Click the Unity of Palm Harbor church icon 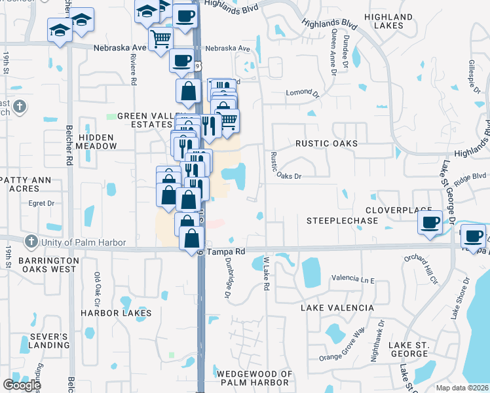coord(31,242)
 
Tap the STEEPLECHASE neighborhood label coord(342,221)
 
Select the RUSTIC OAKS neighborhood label coord(326,143)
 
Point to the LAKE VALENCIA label coord(337,307)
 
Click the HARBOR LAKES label coord(116,313)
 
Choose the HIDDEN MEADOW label coord(96,141)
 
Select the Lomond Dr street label coord(301,94)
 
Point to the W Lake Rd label coord(267,274)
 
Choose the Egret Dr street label coord(41,203)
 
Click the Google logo coord(22,385)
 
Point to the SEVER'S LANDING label coord(49,341)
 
